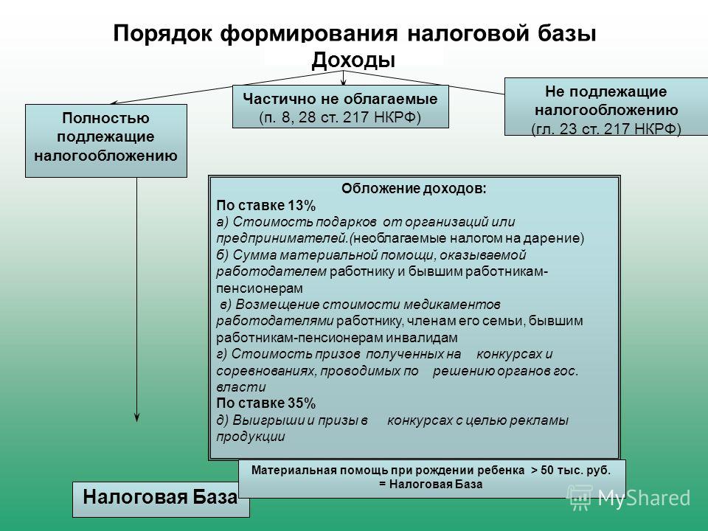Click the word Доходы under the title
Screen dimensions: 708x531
pos(353,60)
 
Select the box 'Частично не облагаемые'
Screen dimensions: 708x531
pos(341,106)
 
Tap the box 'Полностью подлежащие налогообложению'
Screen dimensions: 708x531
pos(106,141)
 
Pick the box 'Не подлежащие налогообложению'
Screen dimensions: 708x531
pos(606,106)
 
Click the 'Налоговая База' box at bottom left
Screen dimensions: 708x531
pos(161,499)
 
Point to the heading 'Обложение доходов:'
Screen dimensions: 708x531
pos(414,188)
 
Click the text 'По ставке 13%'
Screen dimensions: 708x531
pos(266,206)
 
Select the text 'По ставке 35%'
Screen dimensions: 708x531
pos(266,403)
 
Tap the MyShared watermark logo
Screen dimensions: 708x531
pos(628,498)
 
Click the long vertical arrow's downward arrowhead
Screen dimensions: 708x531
pos(137,417)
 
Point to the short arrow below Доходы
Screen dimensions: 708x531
pos(344,77)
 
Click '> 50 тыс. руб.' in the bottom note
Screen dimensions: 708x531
pos(571,470)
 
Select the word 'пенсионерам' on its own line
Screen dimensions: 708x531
pos(260,288)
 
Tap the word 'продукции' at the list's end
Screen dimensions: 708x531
pos(251,437)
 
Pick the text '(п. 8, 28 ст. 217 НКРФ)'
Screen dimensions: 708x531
pos(340,117)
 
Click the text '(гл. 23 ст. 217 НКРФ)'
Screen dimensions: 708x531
pos(606,128)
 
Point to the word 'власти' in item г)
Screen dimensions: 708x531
pos(240,387)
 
